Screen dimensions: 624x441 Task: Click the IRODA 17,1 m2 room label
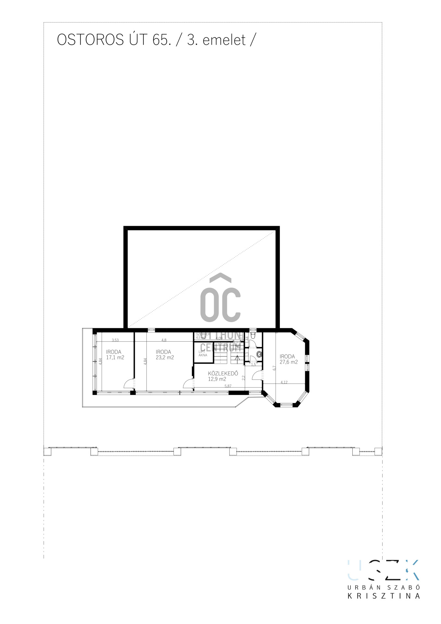(x=115, y=355)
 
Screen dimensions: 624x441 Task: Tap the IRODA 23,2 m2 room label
(x=165, y=355)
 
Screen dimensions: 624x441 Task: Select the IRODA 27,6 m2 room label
(x=288, y=359)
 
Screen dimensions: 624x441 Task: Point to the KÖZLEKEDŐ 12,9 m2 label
(x=223, y=376)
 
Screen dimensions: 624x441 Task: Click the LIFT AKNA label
(x=203, y=353)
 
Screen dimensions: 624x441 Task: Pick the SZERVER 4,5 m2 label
(x=203, y=336)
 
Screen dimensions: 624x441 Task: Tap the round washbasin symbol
(x=259, y=354)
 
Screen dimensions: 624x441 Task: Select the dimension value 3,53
(x=115, y=340)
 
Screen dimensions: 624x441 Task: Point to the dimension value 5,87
(x=228, y=386)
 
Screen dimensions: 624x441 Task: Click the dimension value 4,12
(x=284, y=382)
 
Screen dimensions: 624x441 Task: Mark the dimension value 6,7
(x=274, y=368)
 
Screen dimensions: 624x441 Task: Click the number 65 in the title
(x=160, y=40)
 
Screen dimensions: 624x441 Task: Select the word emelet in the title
(x=224, y=40)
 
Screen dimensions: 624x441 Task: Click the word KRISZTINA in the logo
(x=384, y=596)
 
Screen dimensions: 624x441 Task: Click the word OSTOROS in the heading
(x=90, y=40)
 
